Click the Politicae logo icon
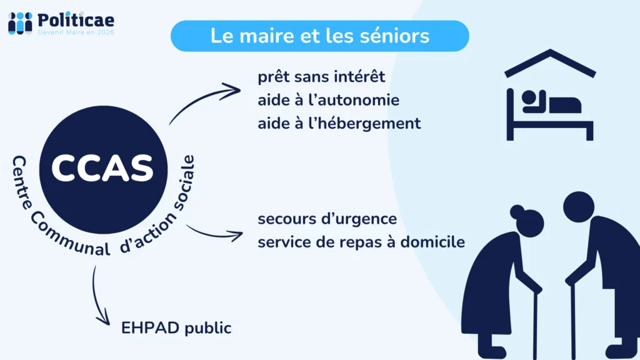[19, 22]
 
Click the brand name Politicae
[76, 19]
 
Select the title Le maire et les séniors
[319, 36]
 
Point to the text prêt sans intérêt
[321, 77]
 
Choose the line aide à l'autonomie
[328, 101]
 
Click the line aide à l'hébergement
[339, 124]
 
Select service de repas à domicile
[361, 242]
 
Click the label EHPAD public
[176, 327]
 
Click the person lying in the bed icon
[550, 103]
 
